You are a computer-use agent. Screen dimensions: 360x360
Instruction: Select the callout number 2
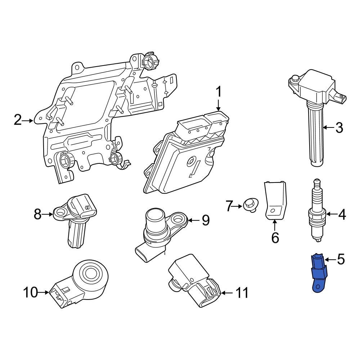point(18,120)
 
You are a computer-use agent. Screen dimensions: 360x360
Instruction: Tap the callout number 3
point(339,128)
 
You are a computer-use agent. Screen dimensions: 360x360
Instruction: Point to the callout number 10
point(31,293)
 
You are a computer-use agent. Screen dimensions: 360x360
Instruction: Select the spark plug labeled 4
point(316,212)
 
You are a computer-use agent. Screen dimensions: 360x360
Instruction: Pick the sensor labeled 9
point(158,229)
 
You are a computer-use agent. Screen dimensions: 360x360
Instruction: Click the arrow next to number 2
point(29,121)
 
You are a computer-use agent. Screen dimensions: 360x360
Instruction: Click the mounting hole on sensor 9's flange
point(178,218)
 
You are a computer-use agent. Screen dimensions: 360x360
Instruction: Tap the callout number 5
point(341,259)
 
